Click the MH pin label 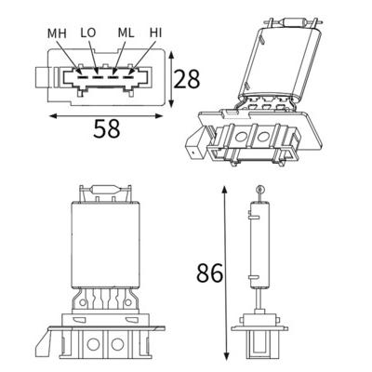(57, 33)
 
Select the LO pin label (88, 33)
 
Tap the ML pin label (126, 33)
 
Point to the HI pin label (155, 33)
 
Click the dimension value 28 (186, 79)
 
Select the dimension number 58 (106, 128)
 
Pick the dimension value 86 (210, 272)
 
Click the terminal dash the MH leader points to (82, 76)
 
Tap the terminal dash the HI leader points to (128, 76)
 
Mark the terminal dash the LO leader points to (98, 76)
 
